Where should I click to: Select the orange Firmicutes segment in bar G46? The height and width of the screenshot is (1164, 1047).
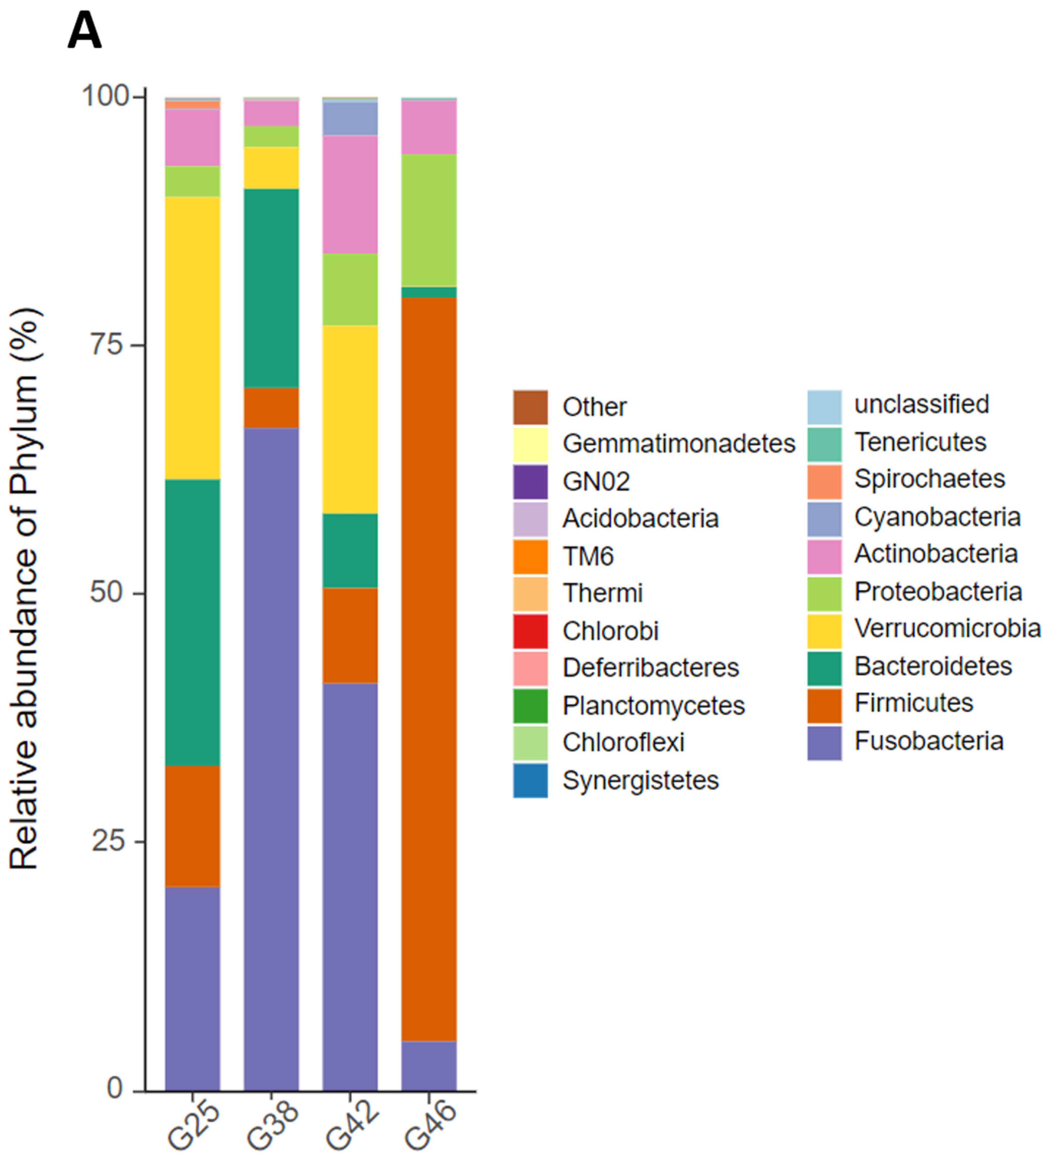pyautogui.click(x=429, y=667)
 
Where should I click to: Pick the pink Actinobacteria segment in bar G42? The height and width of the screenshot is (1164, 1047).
pyautogui.click(x=350, y=195)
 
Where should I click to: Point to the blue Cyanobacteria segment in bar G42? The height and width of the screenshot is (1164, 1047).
pyautogui.click(x=350, y=118)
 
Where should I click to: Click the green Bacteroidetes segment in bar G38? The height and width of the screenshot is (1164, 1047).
pyautogui.click(x=271, y=288)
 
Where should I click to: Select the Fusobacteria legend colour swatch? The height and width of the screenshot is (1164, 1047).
pyautogui.click(x=824, y=743)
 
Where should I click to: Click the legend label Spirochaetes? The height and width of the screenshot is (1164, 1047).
pyautogui.click(x=929, y=479)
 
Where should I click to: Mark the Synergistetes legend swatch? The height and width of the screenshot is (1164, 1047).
pyautogui.click(x=530, y=780)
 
